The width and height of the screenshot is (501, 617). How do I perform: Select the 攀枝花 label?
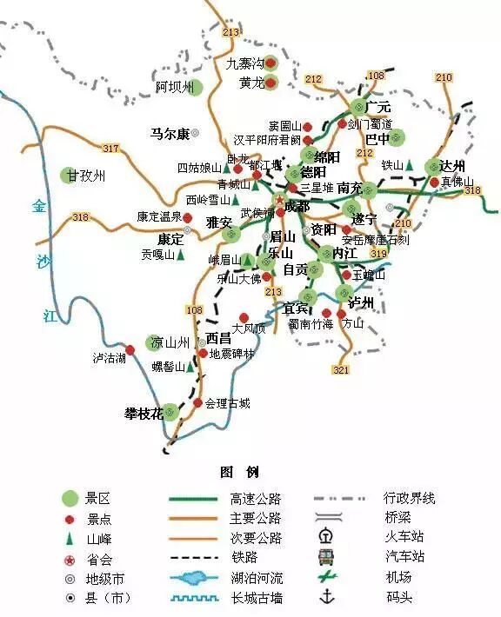pos(144,413)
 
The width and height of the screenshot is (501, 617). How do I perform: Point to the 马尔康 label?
pos(170,134)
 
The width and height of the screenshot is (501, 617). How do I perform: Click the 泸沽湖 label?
pos(110,358)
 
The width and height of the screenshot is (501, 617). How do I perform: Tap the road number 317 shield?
pos(110,149)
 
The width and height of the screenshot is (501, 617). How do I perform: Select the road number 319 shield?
pos(377,254)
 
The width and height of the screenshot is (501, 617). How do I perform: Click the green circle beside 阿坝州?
pos(196,87)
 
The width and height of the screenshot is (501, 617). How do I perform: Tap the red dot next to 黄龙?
pos(271,83)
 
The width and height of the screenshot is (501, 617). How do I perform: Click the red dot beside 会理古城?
pos(197,403)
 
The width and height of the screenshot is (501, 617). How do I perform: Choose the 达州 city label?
pos(452,166)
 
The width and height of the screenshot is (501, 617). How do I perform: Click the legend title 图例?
pos(239,472)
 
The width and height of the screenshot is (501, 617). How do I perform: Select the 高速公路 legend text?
pos(256,499)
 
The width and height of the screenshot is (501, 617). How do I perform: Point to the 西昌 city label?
pos(218,338)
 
